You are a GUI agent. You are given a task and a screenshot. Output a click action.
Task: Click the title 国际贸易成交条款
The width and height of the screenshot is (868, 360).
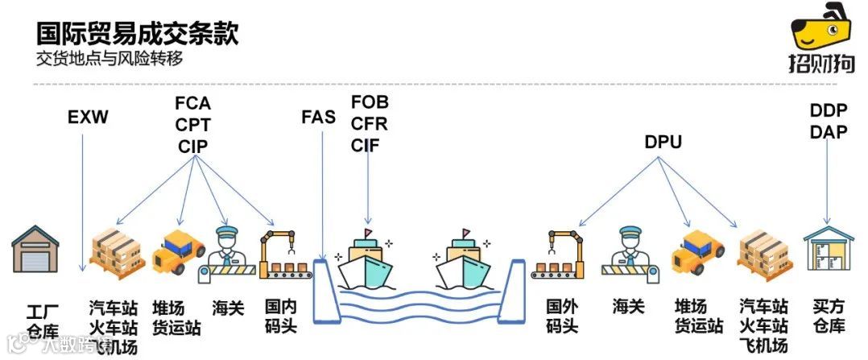[x=137, y=33]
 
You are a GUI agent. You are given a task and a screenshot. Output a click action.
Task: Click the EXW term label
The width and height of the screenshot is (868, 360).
[x=88, y=118]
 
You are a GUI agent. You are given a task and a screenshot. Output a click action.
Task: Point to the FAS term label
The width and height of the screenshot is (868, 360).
[x=318, y=116]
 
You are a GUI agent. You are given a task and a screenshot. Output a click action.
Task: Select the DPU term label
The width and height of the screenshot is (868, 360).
[x=663, y=143]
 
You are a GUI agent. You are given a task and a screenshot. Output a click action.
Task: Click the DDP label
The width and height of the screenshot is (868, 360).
[x=829, y=110]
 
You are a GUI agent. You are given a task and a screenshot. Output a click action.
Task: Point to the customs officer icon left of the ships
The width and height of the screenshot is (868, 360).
[x=228, y=251]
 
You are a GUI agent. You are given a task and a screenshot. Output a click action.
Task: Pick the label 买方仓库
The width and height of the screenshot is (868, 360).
[x=829, y=317]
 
